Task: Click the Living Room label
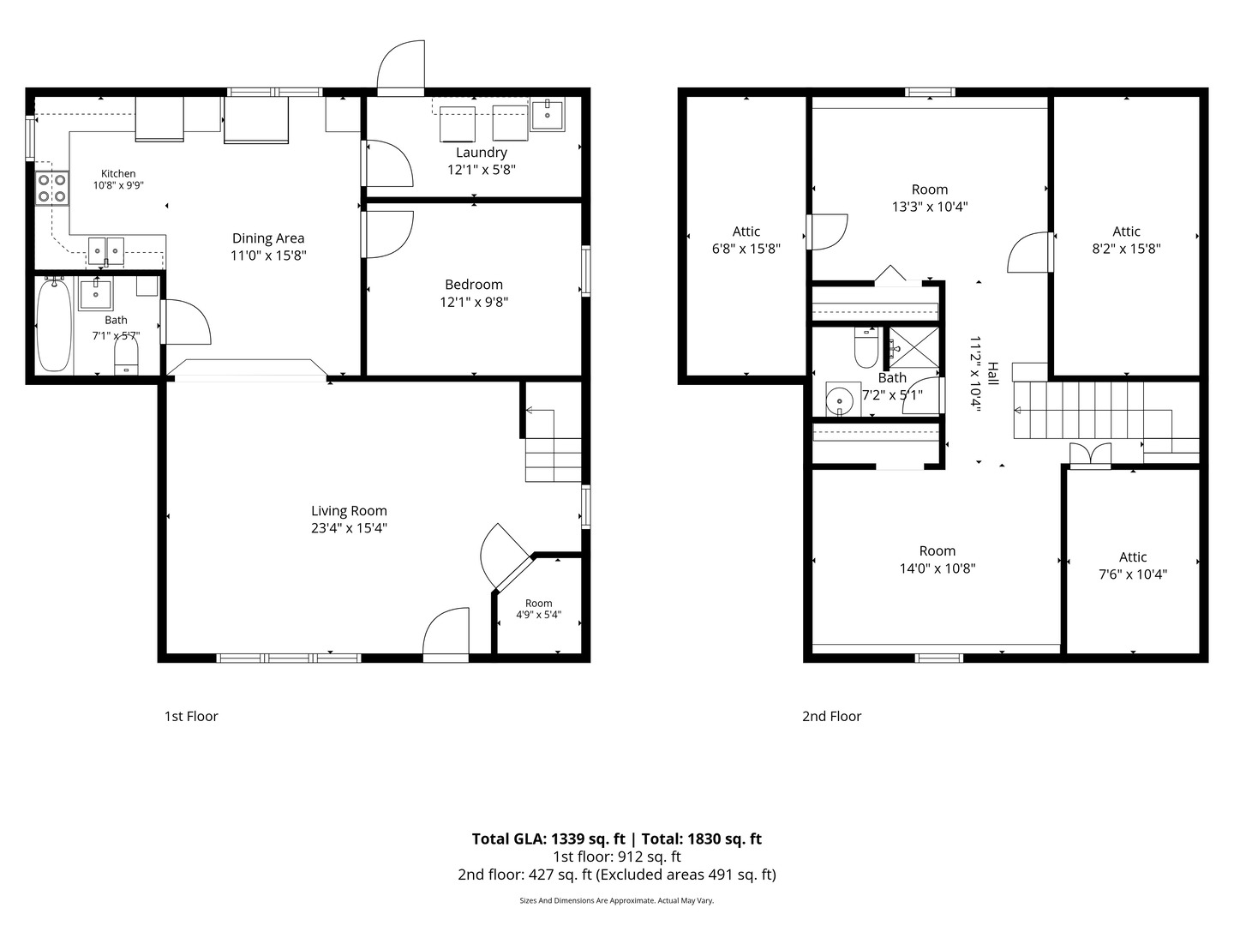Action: pos(349,510)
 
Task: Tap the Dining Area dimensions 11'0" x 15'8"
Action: pos(268,256)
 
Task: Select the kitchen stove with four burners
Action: pos(52,189)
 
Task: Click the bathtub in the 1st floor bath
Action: pos(54,325)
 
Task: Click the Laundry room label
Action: pos(482,153)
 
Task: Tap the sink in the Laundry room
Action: pos(547,115)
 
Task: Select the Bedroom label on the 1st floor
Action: pos(474,285)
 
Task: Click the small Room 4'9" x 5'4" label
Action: pos(538,609)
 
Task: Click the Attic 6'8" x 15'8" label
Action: pos(746,240)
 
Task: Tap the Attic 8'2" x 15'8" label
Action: pos(1126,240)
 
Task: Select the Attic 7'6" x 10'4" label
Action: pos(1133,566)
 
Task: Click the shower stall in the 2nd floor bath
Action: pos(914,348)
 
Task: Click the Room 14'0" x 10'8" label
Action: pos(937,559)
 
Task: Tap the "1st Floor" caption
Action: pos(191,716)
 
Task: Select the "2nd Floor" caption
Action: pos(831,716)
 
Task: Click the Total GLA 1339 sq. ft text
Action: pos(548,839)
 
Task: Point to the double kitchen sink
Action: pos(106,250)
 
